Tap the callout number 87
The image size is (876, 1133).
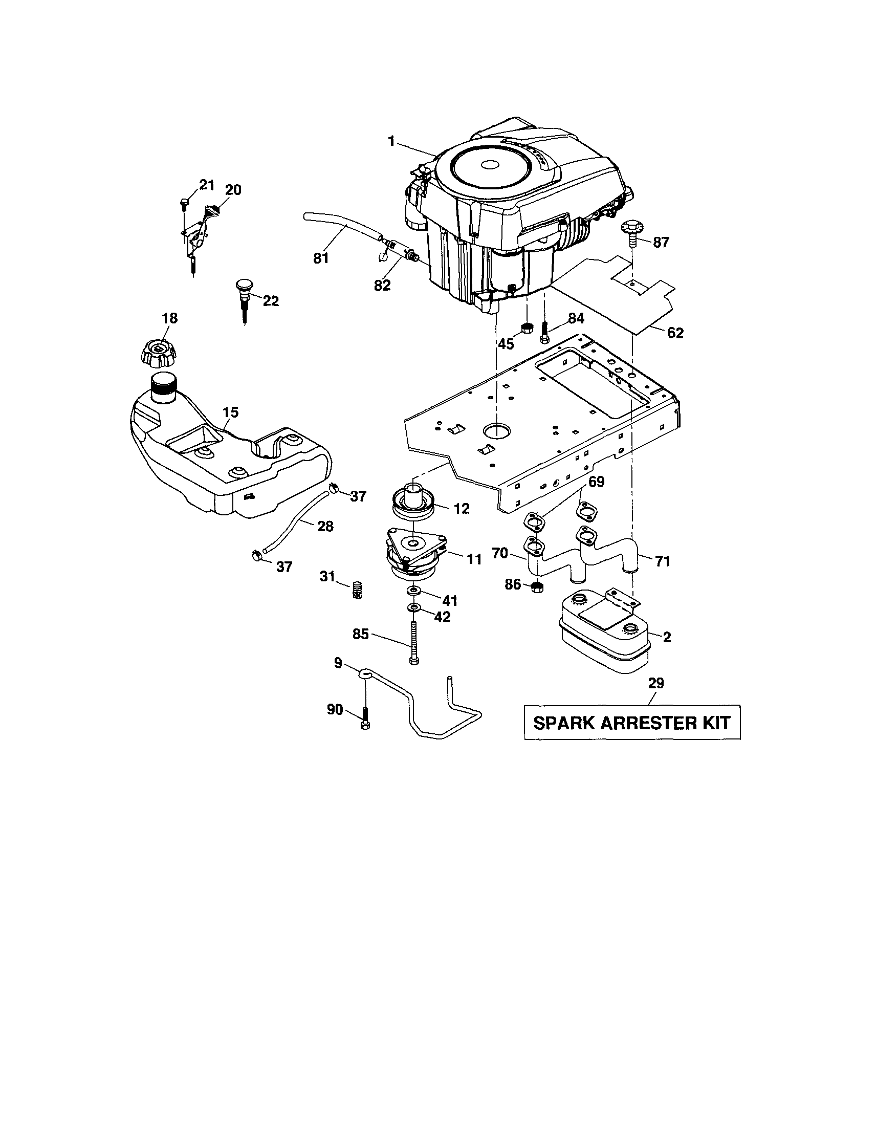pos(661,242)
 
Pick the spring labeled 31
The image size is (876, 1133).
pos(356,590)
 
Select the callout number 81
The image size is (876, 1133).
pos(321,258)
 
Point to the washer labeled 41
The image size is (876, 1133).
pos(414,591)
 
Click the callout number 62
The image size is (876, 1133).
pos(675,333)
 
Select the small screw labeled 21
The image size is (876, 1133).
pos(184,204)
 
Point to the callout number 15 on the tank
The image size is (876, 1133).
pos(230,412)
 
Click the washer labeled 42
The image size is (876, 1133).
pos(414,607)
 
